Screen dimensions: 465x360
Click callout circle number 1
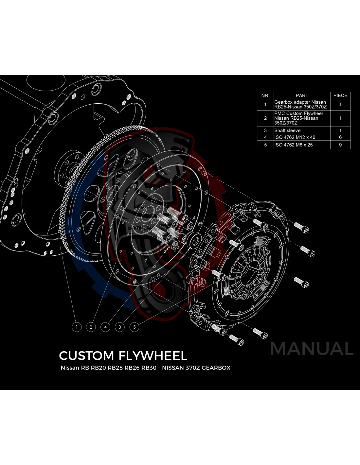click(77, 327)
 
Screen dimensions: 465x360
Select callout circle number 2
click(91, 327)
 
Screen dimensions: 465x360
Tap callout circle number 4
click(105, 327)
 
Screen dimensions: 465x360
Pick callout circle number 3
click(120, 327)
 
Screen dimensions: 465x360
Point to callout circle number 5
click(134, 327)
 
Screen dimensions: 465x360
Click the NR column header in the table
click(265, 95)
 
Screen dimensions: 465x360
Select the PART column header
click(302, 95)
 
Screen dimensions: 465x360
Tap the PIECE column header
click(340, 95)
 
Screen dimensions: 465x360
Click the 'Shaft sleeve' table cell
click(287, 130)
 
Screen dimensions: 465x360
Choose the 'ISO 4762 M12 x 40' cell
click(295, 137)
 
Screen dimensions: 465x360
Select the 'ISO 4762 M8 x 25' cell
click(293, 145)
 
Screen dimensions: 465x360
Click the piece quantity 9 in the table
click(340, 145)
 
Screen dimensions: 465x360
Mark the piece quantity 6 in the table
click(340, 137)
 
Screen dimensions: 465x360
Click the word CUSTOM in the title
click(86, 355)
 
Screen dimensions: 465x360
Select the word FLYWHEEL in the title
click(153, 355)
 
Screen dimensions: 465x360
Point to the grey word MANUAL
click(312, 349)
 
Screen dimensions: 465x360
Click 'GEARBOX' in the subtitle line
click(216, 368)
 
